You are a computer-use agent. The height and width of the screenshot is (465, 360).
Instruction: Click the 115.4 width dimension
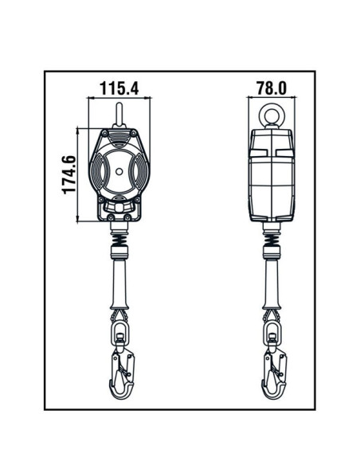[x=118, y=87]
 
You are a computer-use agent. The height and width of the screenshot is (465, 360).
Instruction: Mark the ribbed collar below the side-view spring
[x=271, y=254]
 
